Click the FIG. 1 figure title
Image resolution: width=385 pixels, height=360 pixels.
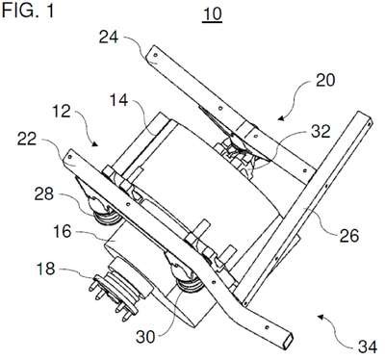pyautogui.click(x=28, y=11)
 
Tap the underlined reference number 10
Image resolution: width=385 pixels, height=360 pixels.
pyautogui.click(x=212, y=14)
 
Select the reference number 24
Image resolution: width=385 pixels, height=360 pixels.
pyautogui.click(x=109, y=38)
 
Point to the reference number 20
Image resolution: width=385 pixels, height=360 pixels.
pyautogui.click(x=325, y=80)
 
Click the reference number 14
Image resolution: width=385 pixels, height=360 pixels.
pyautogui.click(x=118, y=100)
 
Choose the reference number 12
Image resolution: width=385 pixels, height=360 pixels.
pyautogui.click(x=61, y=111)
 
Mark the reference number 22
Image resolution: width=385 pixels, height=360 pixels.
pyautogui.click(x=27, y=139)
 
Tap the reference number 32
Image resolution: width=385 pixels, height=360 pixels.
pyautogui.click(x=321, y=131)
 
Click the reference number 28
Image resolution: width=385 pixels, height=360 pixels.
pyautogui.click(x=44, y=193)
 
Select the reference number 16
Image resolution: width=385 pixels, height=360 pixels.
pyautogui.click(x=63, y=231)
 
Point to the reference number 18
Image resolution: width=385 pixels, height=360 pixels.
pyautogui.click(x=46, y=269)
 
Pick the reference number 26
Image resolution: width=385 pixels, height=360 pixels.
pyautogui.click(x=348, y=236)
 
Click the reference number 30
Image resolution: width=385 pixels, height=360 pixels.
pyautogui.click(x=145, y=337)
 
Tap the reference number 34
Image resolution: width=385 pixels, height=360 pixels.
pyautogui.click(x=368, y=347)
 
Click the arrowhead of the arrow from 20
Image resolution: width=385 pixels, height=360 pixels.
pyautogui.click(x=281, y=118)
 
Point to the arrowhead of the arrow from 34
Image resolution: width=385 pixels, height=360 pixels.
pyautogui.click(x=321, y=317)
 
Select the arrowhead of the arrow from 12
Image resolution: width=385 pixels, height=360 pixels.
pyautogui.click(x=94, y=144)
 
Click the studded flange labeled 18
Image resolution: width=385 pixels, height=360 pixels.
pyautogui.click(x=113, y=296)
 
